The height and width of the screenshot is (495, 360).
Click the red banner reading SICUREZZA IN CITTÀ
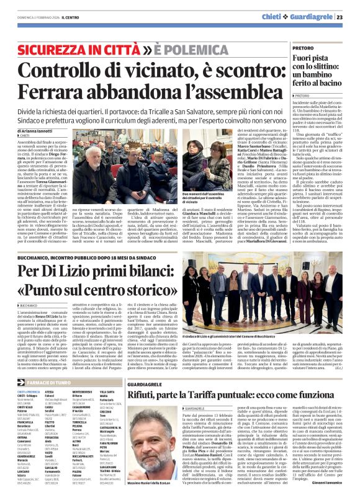click(80, 49)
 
